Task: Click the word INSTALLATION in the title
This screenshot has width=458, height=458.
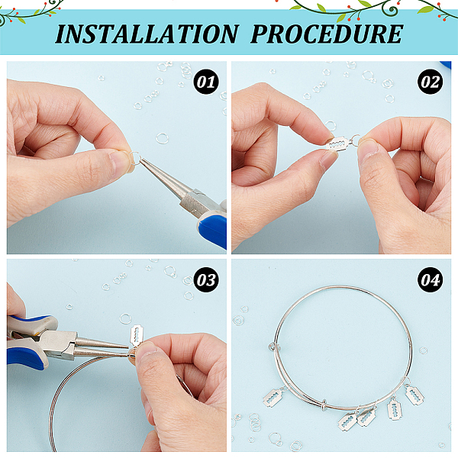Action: click(x=147, y=34)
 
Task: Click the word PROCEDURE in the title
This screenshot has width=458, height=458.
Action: click(x=327, y=34)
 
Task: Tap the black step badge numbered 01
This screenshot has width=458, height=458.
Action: click(x=206, y=82)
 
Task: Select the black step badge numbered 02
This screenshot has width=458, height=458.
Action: click(x=430, y=82)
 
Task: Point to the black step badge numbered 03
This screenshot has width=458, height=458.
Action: click(x=206, y=280)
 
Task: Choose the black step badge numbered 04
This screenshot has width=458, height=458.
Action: click(x=430, y=280)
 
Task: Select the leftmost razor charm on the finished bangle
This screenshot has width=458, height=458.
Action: click(x=273, y=397)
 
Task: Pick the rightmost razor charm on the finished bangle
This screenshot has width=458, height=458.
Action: click(x=414, y=395)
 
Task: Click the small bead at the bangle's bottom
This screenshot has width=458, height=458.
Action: click(x=324, y=405)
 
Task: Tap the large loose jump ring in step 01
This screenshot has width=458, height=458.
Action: click(x=162, y=138)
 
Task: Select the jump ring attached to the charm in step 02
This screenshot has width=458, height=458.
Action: click(x=355, y=140)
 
